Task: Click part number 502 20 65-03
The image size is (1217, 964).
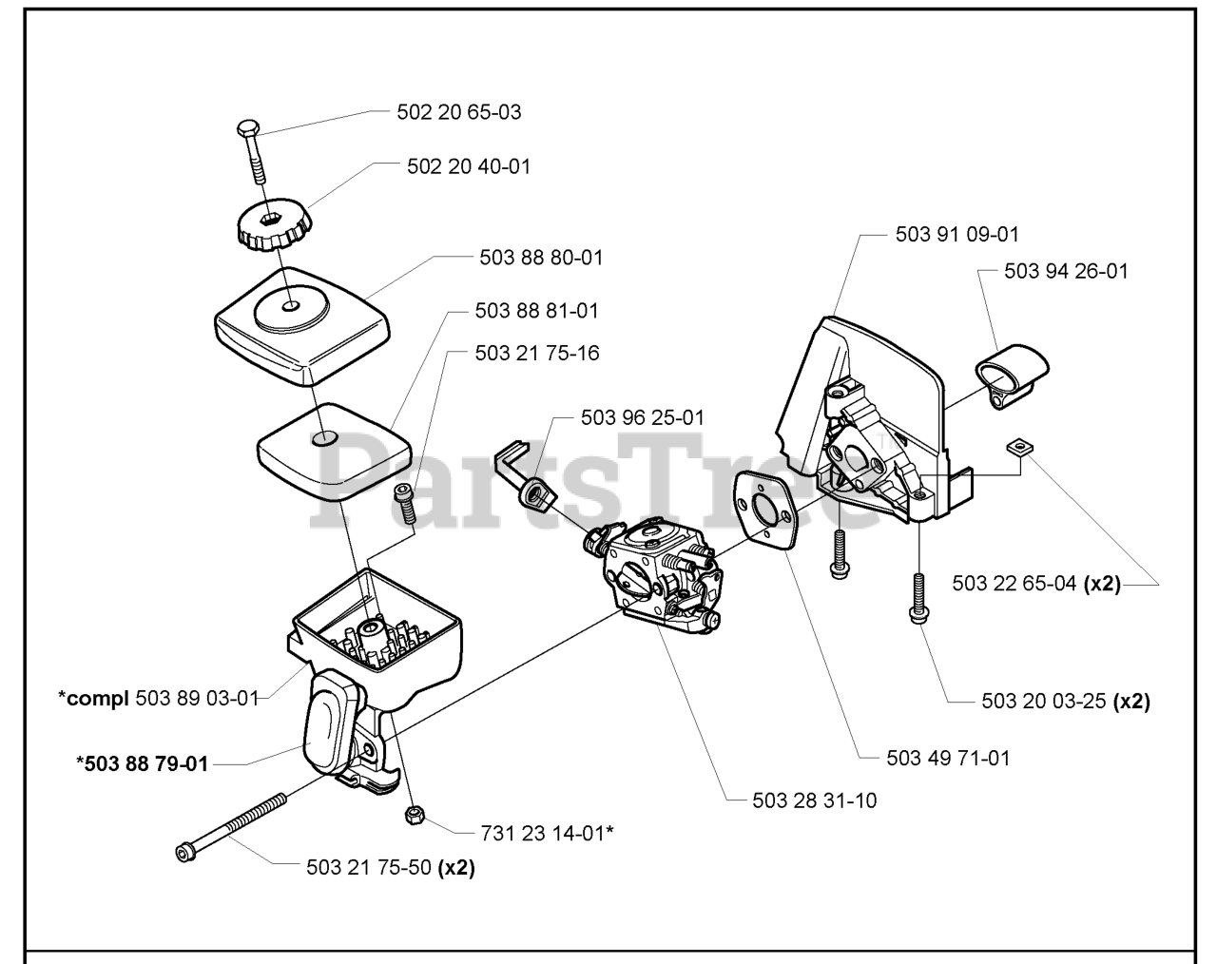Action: coord(459,112)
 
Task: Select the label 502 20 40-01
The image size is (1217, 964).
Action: coord(469,166)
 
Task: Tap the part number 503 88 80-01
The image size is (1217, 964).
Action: coord(541,258)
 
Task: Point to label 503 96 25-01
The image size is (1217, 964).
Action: coord(643,417)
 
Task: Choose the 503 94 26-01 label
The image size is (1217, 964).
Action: coord(1066,271)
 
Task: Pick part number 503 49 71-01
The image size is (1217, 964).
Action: coord(948,758)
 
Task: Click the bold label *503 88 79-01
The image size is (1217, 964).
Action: coord(142,763)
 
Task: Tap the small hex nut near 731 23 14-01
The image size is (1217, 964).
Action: coord(414,816)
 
